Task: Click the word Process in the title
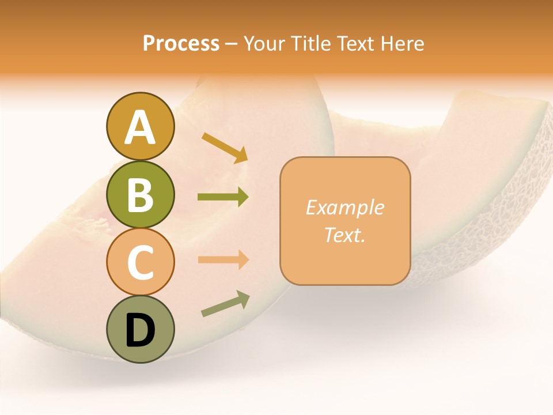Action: point(181,44)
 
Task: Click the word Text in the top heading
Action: point(355,44)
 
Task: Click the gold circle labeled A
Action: point(140,126)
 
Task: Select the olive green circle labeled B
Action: point(140,194)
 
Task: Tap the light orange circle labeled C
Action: point(140,262)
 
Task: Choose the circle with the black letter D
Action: point(140,329)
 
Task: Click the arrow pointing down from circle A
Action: point(225,148)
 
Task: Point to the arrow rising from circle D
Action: point(225,304)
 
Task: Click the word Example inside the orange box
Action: point(344,207)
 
